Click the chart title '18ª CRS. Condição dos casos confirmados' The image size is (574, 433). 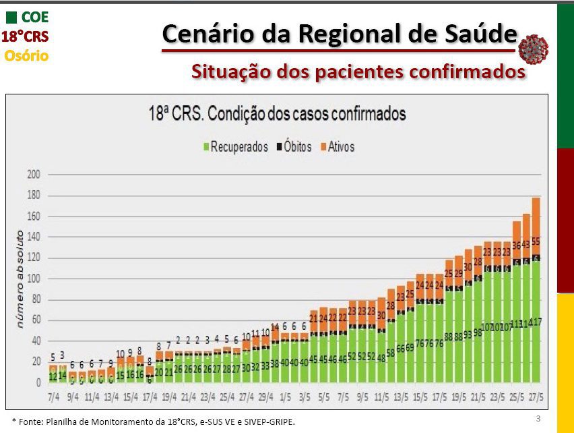(x=277, y=113)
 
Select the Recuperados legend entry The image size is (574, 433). (x=235, y=146)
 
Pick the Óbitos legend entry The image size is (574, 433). (x=294, y=146)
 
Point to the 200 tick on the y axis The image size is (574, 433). (x=34, y=174)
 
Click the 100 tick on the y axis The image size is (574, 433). (x=34, y=278)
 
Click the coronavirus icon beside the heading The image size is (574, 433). (x=534, y=47)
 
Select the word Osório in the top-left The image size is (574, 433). (x=26, y=56)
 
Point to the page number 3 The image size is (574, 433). (x=538, y=419)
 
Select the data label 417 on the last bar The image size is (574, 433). (x=536, y=322)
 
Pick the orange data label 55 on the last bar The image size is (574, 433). (x=536, y=241)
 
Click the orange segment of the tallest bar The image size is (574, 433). (x=536, y=223)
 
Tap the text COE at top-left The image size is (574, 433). (x=35, y=16)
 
